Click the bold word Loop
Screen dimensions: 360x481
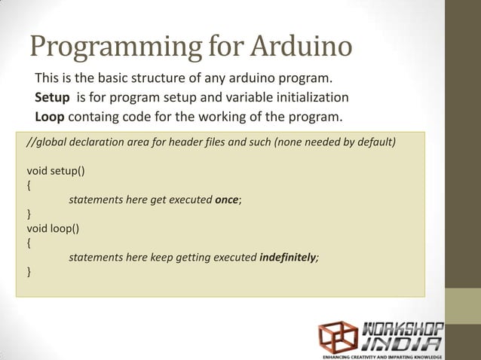pyautogui.click(x=50, y=116)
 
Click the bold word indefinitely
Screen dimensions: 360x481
pyautogui.click(x=288, y=257)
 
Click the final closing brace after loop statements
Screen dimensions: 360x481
pyautogui.click(x=29, y=271)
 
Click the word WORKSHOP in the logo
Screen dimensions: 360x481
pyautogui.click(x=403, y=329)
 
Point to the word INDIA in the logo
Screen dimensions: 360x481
pyautogui.click(x=403, y=343)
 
